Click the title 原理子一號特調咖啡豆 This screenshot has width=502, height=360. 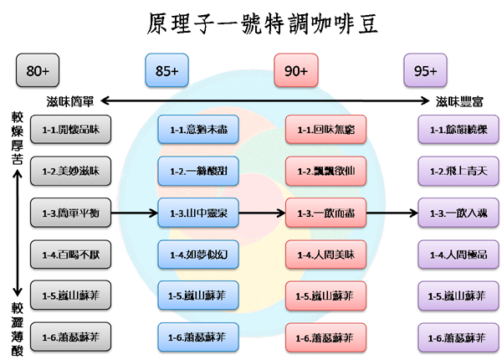251,22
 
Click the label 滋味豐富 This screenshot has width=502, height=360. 458,102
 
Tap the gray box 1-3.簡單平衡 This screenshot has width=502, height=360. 70,213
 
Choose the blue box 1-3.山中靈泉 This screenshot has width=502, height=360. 199,213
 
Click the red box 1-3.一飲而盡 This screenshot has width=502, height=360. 325,213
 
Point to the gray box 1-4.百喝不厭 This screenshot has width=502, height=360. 70,254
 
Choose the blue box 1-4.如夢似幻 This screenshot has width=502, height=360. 199,254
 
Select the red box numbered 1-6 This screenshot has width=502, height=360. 325,337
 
